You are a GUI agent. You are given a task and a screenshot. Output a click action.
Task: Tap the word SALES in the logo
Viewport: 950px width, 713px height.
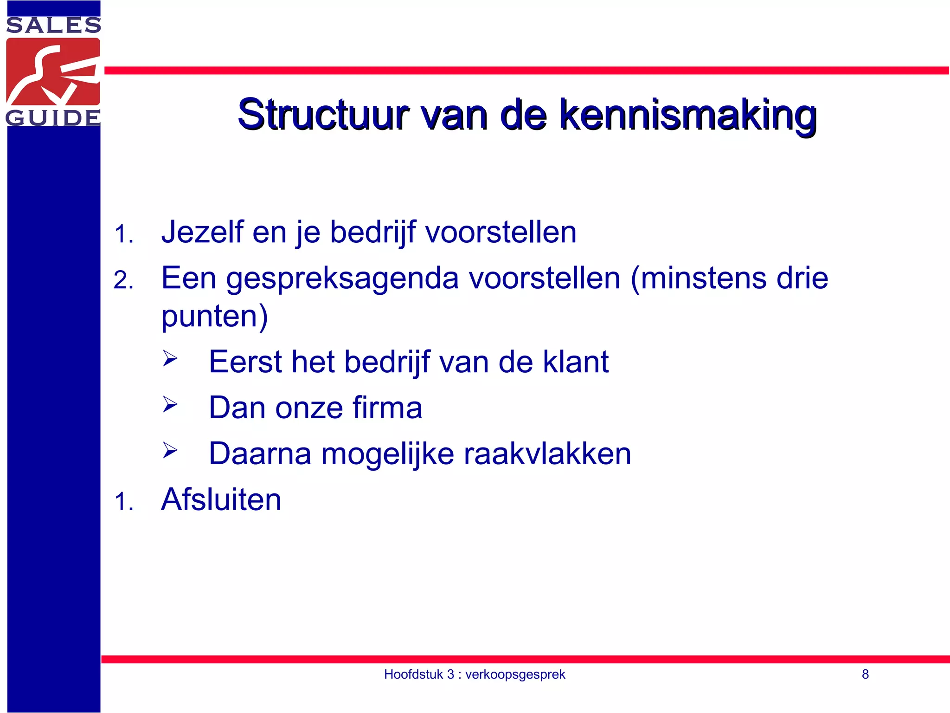click(53, 26)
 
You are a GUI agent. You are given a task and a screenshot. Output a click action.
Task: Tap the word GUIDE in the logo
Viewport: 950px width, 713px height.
click(53, 118)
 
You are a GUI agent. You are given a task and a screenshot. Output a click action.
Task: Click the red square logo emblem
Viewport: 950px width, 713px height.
click(53, 71)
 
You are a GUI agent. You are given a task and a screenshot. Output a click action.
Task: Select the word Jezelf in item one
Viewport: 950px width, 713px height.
click(202, 232)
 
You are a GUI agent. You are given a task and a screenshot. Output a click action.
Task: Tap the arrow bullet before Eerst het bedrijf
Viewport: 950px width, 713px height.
click(170, 358)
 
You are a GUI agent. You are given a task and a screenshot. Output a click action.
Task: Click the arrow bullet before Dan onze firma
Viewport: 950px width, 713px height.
click(170, 404)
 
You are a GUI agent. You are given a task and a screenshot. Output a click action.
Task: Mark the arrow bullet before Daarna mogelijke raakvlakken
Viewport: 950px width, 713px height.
click(170, 450)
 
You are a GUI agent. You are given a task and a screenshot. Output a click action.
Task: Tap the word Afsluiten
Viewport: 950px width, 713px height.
click(221, 500)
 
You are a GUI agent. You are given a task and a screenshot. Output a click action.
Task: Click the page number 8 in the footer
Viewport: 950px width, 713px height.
click(865, 674)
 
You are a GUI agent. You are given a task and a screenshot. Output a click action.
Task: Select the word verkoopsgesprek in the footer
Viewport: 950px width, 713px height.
click(515, 674)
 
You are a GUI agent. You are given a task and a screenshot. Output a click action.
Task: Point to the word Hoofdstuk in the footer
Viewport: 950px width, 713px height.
click(413, 674)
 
